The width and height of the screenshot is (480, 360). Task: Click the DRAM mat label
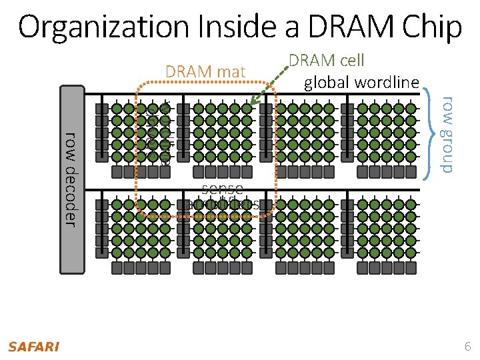point(205,71)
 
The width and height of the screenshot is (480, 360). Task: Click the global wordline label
point(361,83)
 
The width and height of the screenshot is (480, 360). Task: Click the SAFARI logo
point(33,347)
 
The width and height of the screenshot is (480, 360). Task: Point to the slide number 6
point(467,347)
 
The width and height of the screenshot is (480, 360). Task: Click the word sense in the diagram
point(222,189)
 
